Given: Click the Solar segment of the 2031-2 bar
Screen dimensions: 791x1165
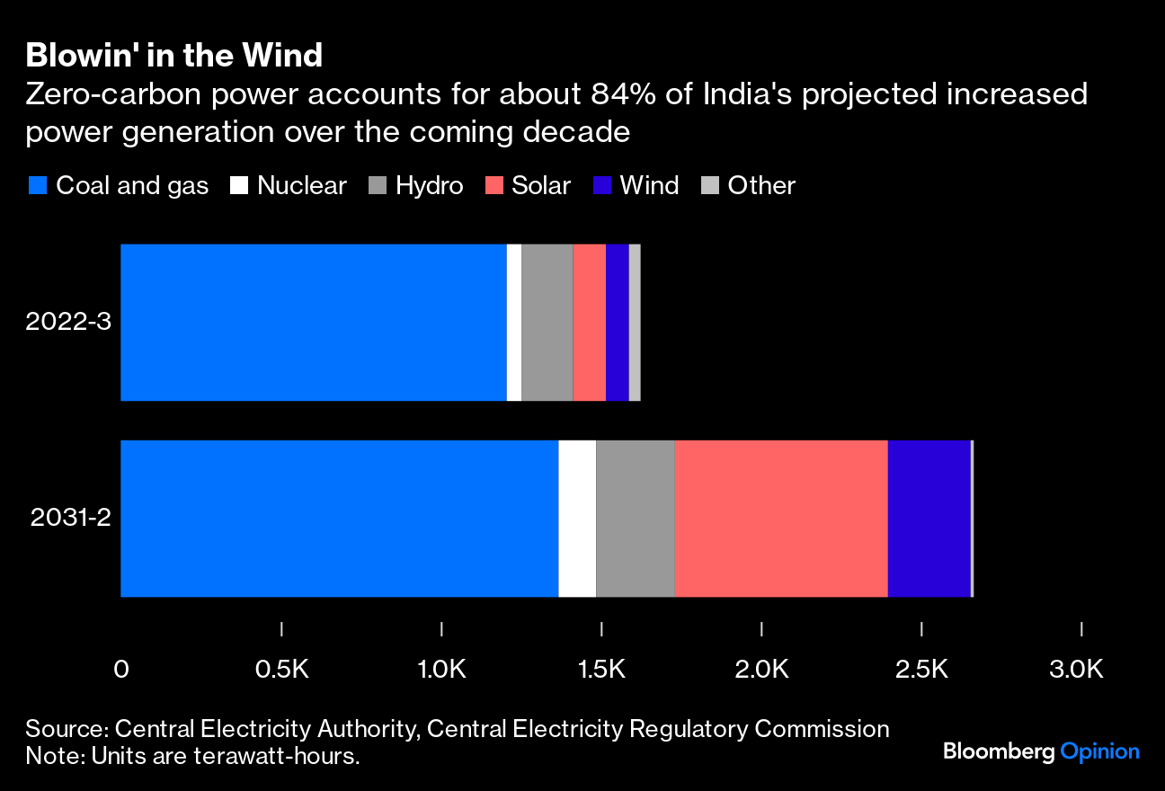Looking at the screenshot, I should [780, 519].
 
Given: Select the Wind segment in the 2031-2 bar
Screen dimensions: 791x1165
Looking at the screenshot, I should [929, 519].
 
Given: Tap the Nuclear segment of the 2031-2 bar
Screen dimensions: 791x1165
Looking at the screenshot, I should [577, 519].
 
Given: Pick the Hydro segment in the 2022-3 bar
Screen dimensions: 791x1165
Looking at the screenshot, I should [547, 322].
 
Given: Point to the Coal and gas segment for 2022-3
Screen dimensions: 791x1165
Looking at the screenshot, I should [313, 322].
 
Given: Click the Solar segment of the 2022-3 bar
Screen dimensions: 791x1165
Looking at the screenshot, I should [589, 322].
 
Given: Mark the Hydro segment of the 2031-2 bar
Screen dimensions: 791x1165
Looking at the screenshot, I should [635, 519].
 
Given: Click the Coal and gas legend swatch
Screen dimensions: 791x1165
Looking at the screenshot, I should [38, 186].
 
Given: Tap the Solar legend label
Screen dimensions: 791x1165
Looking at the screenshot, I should [541, 186].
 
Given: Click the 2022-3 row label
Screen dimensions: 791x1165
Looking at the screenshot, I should [68, 322].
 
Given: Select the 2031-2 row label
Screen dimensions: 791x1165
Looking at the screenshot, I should [71, 519].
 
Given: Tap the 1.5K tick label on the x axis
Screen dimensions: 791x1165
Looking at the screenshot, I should [600, 670].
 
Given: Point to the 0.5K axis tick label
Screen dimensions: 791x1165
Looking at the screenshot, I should [281, 670].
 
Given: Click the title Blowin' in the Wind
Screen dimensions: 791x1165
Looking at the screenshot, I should [173, 56].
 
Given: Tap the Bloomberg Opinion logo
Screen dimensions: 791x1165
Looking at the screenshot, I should [1041, 751].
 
